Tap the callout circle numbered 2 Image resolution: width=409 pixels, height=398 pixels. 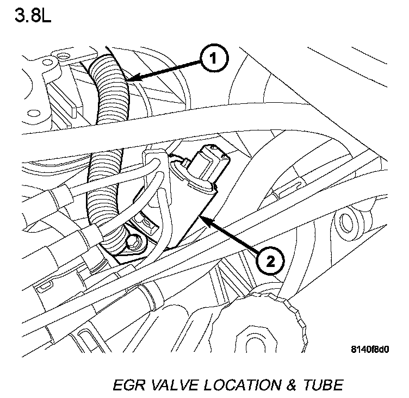coord(271,261)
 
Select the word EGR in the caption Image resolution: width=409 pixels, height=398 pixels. coord(128,385)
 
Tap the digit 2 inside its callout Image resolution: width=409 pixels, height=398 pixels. coord(271,261)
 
